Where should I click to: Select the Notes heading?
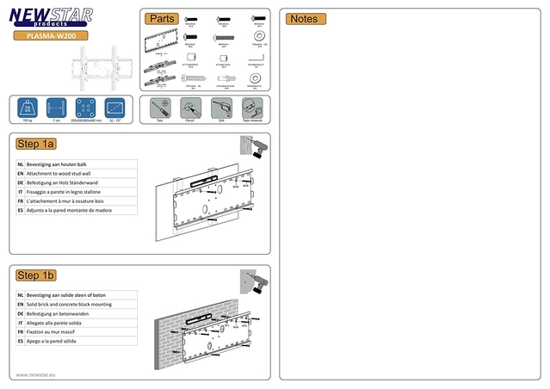click(305, 19)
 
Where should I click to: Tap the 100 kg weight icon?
click(28, 108)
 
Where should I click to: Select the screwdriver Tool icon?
click(160, 108)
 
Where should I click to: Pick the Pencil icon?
click(189, 108)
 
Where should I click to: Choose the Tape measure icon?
click(249, 108)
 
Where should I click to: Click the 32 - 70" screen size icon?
click(114, 108)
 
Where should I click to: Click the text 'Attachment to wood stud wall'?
click(64, 173)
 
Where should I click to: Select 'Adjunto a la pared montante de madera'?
click(70, 209)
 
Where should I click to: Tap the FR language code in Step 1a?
click(20, 201)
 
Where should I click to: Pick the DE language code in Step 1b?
click(20, 314)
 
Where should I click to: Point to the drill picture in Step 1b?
click(252, 281)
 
